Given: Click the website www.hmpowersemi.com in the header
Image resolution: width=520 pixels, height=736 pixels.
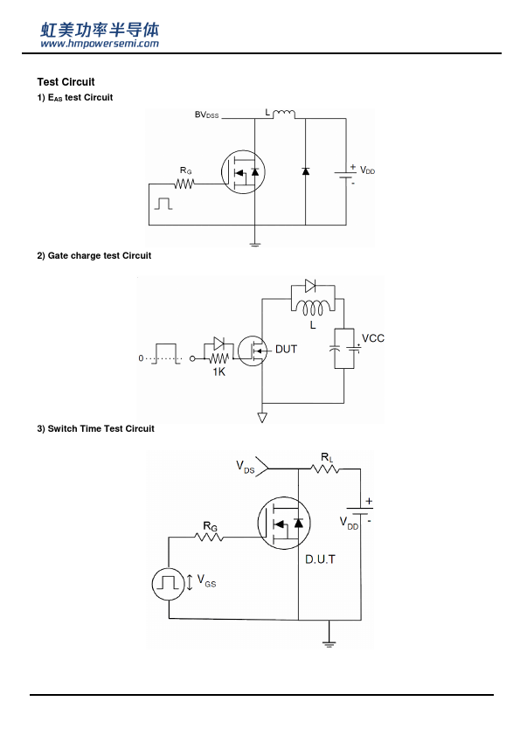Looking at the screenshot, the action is (x=100, y=44).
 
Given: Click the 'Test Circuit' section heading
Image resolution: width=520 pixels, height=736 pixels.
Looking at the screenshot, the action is (x=66, y=82).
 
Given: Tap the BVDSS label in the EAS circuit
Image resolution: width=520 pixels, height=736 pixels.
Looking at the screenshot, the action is (x=206, y=115).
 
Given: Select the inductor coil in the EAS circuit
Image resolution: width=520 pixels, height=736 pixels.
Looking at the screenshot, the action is (x=284, y=114).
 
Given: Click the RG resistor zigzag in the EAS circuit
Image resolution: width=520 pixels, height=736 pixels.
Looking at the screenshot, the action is (x=184, y=184).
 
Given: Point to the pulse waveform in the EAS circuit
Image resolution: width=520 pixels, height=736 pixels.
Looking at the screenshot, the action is (x=163, y=204).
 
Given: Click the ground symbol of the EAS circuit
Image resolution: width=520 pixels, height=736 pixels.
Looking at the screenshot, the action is (x=255, y=244).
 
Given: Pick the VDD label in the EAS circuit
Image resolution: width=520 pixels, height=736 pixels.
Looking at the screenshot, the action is (x=367, y=170).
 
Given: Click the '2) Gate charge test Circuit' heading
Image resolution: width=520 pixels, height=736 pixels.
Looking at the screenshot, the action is (x=94, y=256).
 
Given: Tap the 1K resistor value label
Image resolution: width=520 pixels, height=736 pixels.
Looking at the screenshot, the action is (x=219, y=371).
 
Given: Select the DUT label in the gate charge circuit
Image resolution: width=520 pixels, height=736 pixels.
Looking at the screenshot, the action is (x=287, y=350).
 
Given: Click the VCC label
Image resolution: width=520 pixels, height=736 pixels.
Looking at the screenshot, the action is (x=373, y=338).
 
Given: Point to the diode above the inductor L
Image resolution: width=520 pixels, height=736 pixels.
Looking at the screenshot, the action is (x=310, y=285).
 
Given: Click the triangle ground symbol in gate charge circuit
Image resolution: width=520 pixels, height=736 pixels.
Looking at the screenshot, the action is (x=262, y=417).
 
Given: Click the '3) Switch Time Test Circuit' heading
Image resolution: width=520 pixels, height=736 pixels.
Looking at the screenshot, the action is (x=96, y=428).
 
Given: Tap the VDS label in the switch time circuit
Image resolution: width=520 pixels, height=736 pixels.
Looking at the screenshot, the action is (x=245, y=467).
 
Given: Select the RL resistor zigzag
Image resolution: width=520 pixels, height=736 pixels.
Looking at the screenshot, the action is (x=325, y=469).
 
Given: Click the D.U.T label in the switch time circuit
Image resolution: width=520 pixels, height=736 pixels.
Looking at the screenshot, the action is (x=321, y=559).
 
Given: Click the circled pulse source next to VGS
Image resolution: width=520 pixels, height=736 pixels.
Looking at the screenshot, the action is (x=169, y=584).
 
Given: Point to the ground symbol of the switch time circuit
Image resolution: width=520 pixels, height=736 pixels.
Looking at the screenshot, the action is (x=329, y=643).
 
